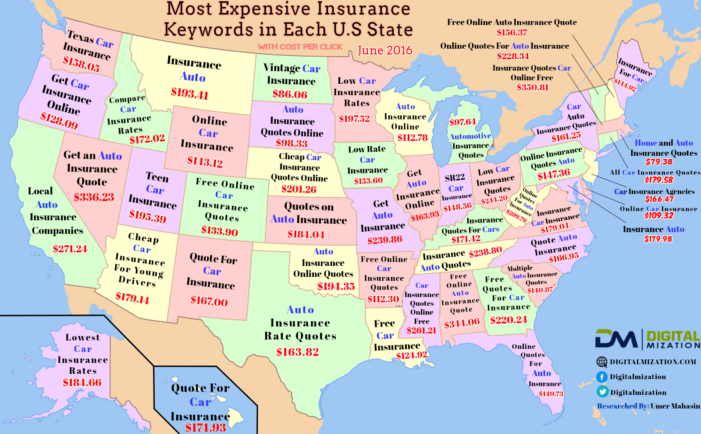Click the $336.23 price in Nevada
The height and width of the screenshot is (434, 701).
94,197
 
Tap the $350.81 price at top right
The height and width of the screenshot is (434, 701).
532,87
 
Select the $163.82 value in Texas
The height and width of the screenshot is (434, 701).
297,352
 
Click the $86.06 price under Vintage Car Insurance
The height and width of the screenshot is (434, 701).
290,94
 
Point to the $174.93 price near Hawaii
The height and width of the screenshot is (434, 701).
205,427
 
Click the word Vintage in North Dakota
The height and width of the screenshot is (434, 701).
281,68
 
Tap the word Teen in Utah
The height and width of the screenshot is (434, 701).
157,177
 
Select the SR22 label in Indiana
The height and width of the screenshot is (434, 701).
455,178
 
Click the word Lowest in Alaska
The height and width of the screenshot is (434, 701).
82,337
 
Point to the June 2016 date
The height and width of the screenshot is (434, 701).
385,50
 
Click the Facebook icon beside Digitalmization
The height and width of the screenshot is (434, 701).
602,377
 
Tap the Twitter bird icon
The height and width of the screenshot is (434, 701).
602,392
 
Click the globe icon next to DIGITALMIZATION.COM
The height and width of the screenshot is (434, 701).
602,362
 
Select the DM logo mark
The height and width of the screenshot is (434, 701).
616,339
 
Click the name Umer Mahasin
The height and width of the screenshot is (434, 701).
675,406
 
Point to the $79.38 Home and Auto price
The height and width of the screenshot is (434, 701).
658,161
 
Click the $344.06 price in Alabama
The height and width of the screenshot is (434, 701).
462,323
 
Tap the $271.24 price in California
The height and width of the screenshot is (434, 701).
70,249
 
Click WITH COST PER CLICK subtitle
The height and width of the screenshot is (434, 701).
300,47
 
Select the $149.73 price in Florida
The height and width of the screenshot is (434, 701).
551,394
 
